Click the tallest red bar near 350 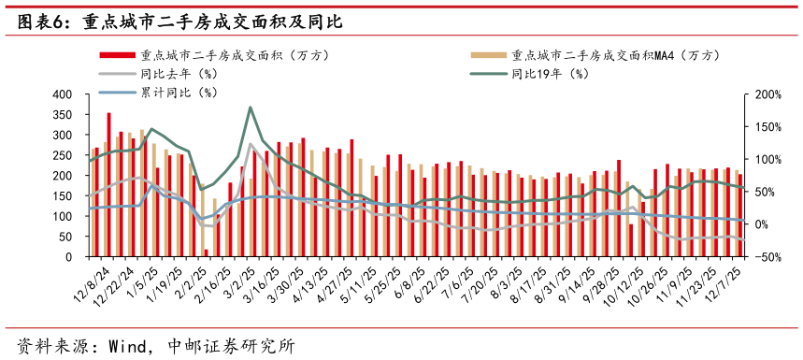click(x=109, y=185)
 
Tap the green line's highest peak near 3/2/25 click(x=251, y=108)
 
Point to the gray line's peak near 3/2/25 click(x=251, y=144)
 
